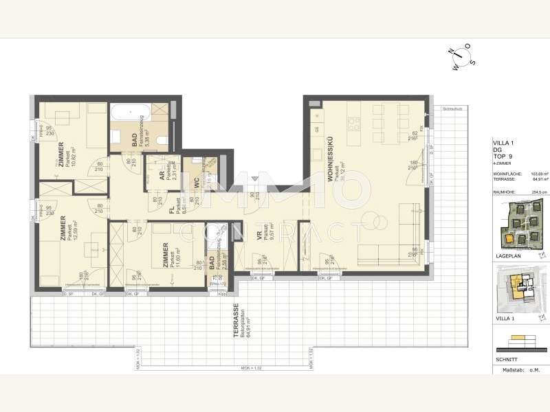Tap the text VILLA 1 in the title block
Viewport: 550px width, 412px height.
(506, 143)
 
